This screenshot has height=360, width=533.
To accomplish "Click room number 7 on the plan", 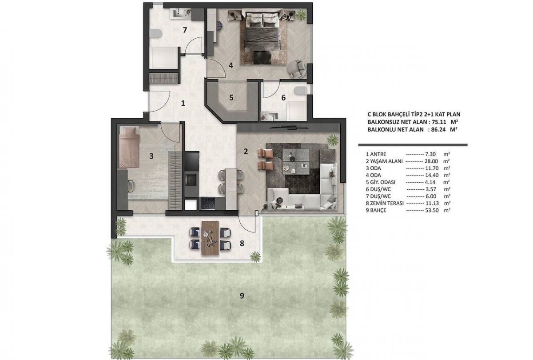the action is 185,30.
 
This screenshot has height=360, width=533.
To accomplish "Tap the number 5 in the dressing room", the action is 231,98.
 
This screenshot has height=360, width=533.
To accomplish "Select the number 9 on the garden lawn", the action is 242,296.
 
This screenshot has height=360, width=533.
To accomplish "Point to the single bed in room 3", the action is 129,147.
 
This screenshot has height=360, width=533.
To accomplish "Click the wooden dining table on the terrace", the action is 210,238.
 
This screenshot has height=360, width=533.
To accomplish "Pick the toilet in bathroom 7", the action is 156,34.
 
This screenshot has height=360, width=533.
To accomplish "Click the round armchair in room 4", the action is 296,68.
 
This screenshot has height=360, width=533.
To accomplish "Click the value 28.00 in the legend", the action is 431,161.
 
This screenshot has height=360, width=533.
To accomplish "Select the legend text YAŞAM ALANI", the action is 386,161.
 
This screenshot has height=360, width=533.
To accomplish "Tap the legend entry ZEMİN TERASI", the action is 387,204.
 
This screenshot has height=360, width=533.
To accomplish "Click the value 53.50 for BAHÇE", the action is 432,210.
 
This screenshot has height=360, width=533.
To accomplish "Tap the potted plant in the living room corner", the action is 332,140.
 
